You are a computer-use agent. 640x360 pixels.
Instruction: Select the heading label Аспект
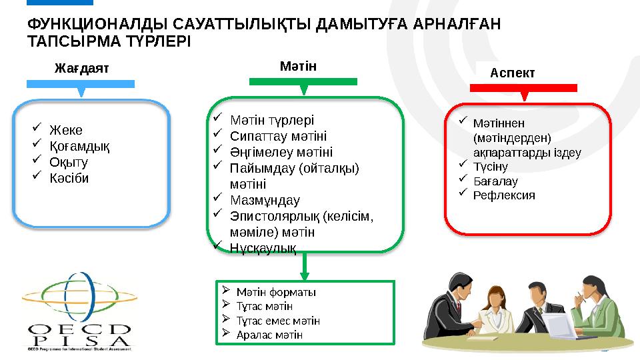(x=513, y=73)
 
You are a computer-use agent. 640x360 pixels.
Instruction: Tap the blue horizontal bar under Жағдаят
(x=81, y=84)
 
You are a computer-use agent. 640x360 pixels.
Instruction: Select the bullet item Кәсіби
(x=69, y=179)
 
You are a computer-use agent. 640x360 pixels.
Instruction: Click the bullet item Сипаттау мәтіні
(x=278, y=136)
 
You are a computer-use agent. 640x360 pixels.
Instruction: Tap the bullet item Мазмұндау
(x=265, y=200)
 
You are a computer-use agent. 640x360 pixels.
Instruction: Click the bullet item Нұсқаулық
(x=263, y=247)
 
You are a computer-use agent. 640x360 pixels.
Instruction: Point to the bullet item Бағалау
(x=495, y=181)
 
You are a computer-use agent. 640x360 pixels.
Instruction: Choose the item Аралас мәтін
(x=269, y=335)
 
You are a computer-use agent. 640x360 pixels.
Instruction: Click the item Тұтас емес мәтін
(x=278, y=321)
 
